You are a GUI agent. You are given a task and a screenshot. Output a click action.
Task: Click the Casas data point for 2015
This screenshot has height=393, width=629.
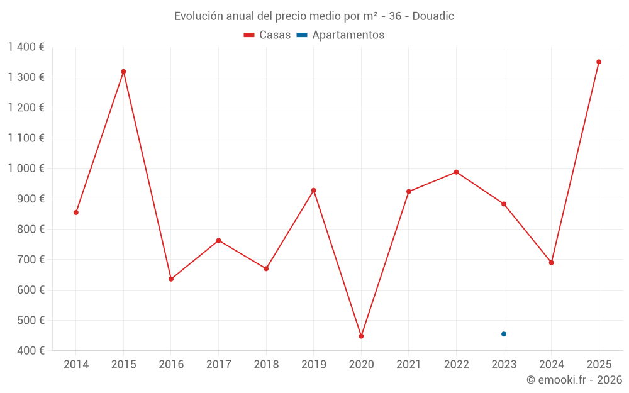pyautogui.click(x=123, y=72)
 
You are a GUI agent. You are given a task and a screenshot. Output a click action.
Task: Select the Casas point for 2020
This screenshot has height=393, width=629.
pyautogui.click(x=361, y=336)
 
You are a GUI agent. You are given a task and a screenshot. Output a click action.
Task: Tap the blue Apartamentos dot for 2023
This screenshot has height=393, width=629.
pyautogui.click(x=504, y=334)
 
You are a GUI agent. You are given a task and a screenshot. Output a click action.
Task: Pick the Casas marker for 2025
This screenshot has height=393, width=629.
pyautogui.click(x=599, y=62)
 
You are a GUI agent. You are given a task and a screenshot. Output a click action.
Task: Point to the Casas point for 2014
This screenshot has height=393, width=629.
pyautogui.click(x=76, y=213)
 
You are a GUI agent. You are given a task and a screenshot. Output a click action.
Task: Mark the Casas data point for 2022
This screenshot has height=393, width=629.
pyautogui.click(x=456, y=172)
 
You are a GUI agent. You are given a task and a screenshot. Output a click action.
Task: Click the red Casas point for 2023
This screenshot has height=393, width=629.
pyautogui.click(x=504, y=204)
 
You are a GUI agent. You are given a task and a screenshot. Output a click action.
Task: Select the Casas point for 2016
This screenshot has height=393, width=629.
pyautogui.click(x=171, y=279)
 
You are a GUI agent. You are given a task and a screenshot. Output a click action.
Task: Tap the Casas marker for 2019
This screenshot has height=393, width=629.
pyautogui.click(x=314, y=191)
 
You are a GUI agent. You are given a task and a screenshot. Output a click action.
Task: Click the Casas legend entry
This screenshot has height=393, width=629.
pyautogui.click(x=267, y=35)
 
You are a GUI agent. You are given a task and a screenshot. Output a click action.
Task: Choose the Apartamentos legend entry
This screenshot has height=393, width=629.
pyautogui.click(x=340, y=35)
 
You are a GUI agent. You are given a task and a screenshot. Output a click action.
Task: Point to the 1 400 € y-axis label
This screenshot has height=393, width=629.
pyautogui.click(x=26, y=47)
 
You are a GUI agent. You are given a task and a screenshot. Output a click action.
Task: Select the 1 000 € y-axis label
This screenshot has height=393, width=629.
pyautogui.click(x=26, y=169)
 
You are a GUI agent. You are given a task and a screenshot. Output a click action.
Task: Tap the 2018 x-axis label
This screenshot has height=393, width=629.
pyautogui.click(x=266, y=365)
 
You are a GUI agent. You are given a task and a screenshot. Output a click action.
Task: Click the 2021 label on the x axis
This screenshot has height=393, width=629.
pyautogui.click(x=409, y=365)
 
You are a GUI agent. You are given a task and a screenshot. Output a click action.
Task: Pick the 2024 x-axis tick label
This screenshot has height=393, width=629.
pyautogui.click(x=551, y=365)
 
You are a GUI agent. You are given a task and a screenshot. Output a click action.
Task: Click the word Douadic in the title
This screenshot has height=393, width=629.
pyautogui.click(x=433, y=16)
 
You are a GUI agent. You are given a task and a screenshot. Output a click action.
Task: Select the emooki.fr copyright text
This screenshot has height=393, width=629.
pyautogui.click(x=574, y=380)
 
